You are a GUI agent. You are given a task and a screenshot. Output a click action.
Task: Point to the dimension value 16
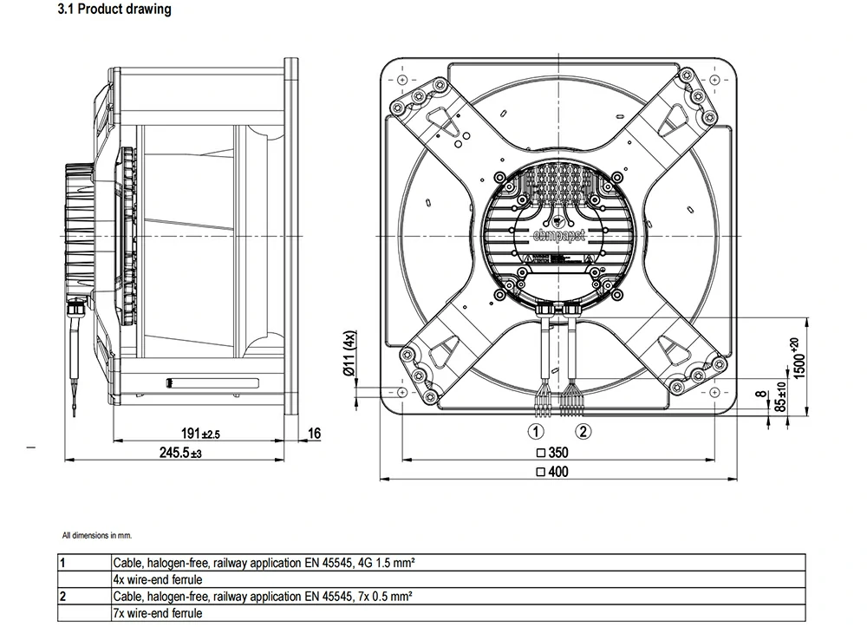pyautogui.click(x=314, y=434)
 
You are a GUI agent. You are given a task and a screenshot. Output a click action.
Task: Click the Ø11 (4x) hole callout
pyautogui.click(x=349, y=354)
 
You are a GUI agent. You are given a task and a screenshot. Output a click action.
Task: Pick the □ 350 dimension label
pyautogui.click(x=551, y=453)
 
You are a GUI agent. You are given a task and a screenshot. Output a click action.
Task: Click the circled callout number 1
pyautogui.click(x=538, y=431)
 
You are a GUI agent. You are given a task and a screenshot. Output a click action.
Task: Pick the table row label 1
pyautogui.click(x=62, y=563)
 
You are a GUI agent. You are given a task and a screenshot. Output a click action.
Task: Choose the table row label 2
pyautogui.click(x=62, y=597)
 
